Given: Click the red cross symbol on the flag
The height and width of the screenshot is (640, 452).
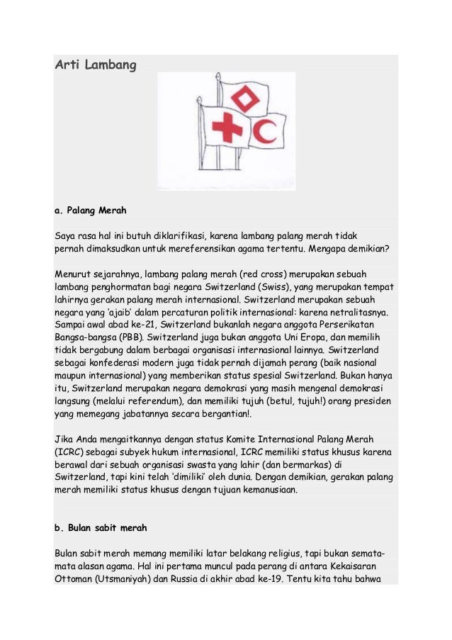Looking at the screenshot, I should pyautogui.click(x=227, y=128).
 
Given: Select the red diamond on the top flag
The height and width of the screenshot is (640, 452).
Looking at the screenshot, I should pyautogui.click(x=245, y=98).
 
